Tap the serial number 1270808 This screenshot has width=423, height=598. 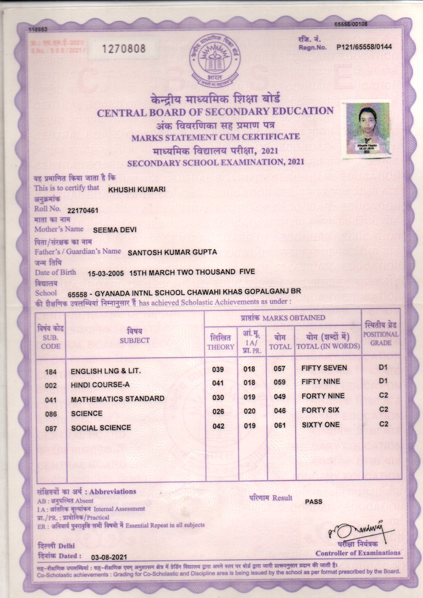click(x=124, y=49)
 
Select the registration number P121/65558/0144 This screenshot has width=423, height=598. click(x=364, y=47)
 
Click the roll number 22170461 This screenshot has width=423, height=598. click(x=83, y=210)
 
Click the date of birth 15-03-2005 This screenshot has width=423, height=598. click(x=106, y=273)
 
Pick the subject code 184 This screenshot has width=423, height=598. click(x=51, y=370)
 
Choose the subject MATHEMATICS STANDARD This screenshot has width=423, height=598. click(x=118, y=398)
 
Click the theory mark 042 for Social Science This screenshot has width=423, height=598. click(x=218, y=427)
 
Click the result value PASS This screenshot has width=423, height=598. click(x=314, y=501)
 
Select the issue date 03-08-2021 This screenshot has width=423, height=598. click(x=108, y=557)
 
